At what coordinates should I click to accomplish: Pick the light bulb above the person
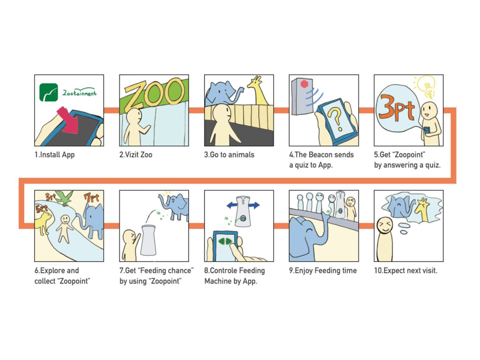point(427,85)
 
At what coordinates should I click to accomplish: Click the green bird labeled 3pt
point(64,198)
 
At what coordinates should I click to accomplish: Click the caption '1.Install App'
point(54,155)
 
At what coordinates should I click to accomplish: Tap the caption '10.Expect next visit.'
point(405,270)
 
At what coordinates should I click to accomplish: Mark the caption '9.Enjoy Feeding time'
point(323,270)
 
